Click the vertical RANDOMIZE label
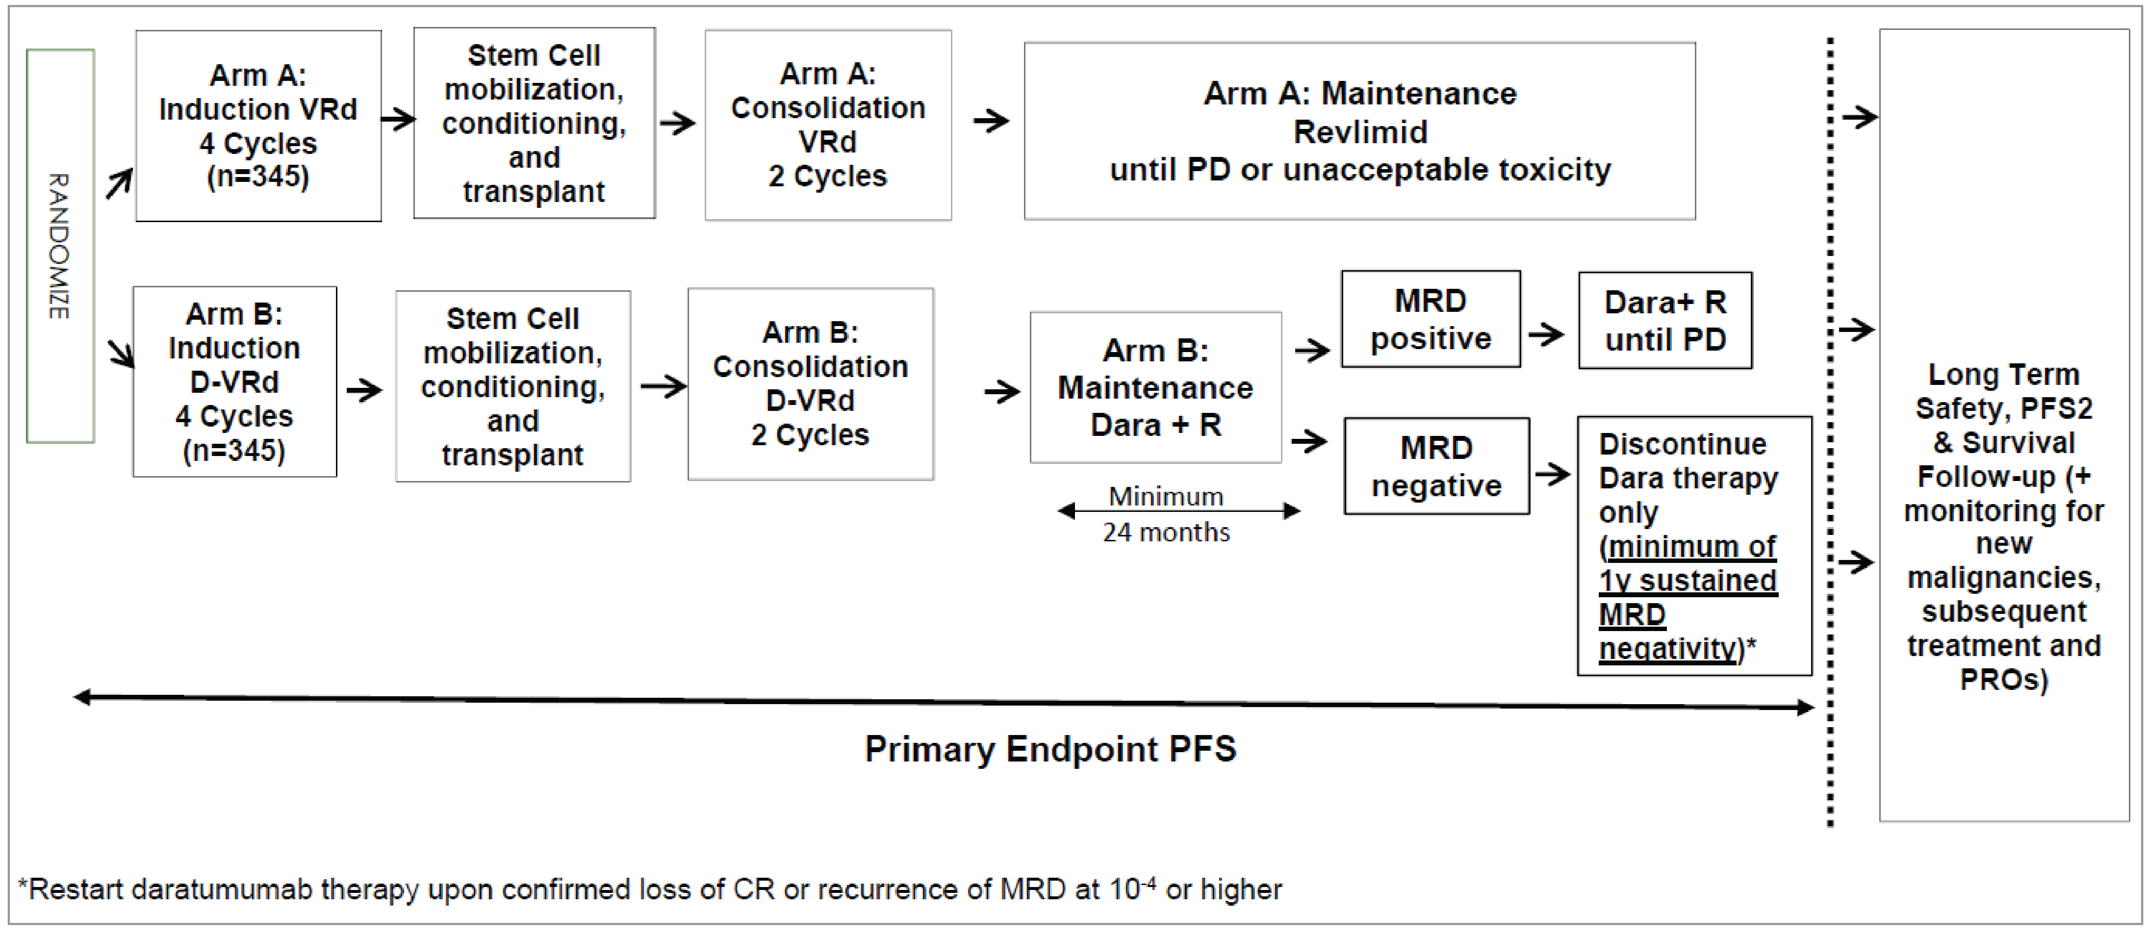pyautogui.click(x=58, y=246)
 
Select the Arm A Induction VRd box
pyautogui.click(x=258, y=126)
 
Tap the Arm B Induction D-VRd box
pyautogui.click(x=234, y=382)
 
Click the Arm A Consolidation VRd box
pyautogui.click(x=827, y=125)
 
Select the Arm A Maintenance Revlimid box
pyautogui.click(x=1359, y=131)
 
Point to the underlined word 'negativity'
pyautogui.click(x=1666, y=648)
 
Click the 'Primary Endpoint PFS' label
pyautogui.click(x=1050, y=749)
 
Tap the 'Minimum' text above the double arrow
pyautogui.click(x=1166, y=496)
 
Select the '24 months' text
pyautogui.click(x=1166, y=532)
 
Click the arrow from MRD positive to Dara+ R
pyautogui.click(x=1547, y=335)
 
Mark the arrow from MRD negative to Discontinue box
pyautogui.click(x=1553, y=475)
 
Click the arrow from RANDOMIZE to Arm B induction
pyautogui.click(x=122, y=353)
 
